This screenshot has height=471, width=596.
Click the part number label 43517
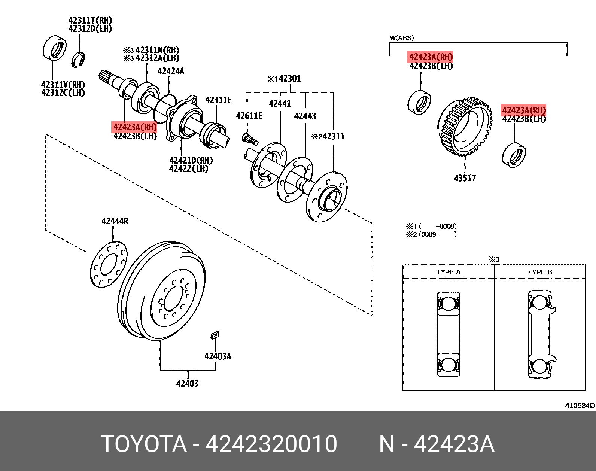tap(465, 178)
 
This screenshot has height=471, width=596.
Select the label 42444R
tap(115, 221)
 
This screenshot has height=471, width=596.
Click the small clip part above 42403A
tap(215, 335)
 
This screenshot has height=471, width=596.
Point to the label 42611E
tap(249, 116)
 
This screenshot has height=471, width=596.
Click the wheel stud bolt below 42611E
tap(250, 139)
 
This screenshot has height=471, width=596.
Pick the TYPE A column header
tap(448, 272)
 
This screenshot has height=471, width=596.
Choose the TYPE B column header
tap(539, 272)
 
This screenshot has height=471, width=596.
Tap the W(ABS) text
tap(402, 38)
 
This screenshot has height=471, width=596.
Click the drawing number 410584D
tap(580, 405)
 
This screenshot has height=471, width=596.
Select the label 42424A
tap(171, 71)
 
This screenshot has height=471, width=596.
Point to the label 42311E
tap(218, 100)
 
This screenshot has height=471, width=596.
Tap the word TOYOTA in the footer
tap(144, 444)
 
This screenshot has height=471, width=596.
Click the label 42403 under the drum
tap(187, 383)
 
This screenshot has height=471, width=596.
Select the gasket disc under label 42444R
tap(109, 264)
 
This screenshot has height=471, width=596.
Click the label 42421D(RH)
tap(191, 160)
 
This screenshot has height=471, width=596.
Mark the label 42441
tap(280, 104)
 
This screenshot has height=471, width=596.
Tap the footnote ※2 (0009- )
tap(431, 234)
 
